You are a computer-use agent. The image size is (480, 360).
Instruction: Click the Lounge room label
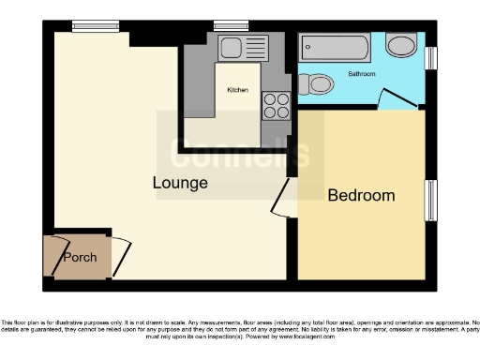click(x=180, y=183)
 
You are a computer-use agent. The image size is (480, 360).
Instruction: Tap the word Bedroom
click(x=361, y=196)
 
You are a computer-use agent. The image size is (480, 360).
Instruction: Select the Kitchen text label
click(x=238, y=90)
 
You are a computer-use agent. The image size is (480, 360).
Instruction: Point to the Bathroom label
click(x=362, y=72)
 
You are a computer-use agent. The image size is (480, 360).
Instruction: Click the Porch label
click(x=80, y=257)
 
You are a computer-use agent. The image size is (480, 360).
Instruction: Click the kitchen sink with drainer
click(x=243, y=48)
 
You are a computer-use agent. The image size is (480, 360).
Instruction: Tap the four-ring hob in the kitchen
click(x=276, y=105)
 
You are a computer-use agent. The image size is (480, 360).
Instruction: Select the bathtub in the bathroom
click(x=335, y=48)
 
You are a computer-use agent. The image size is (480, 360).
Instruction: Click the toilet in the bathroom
click(x=316, y=85)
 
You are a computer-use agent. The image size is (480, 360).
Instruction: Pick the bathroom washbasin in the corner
click(x=402, y=45)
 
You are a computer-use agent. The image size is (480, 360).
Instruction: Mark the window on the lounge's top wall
click(x=89, y=26)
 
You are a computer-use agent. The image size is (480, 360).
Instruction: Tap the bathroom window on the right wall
click(x=431, y=58)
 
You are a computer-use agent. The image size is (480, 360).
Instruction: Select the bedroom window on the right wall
click(x=432, y=200)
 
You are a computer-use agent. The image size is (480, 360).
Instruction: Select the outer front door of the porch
click(x=47, y=254)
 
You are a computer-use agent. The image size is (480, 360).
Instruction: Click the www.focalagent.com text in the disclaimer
click(x=368, y=334)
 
